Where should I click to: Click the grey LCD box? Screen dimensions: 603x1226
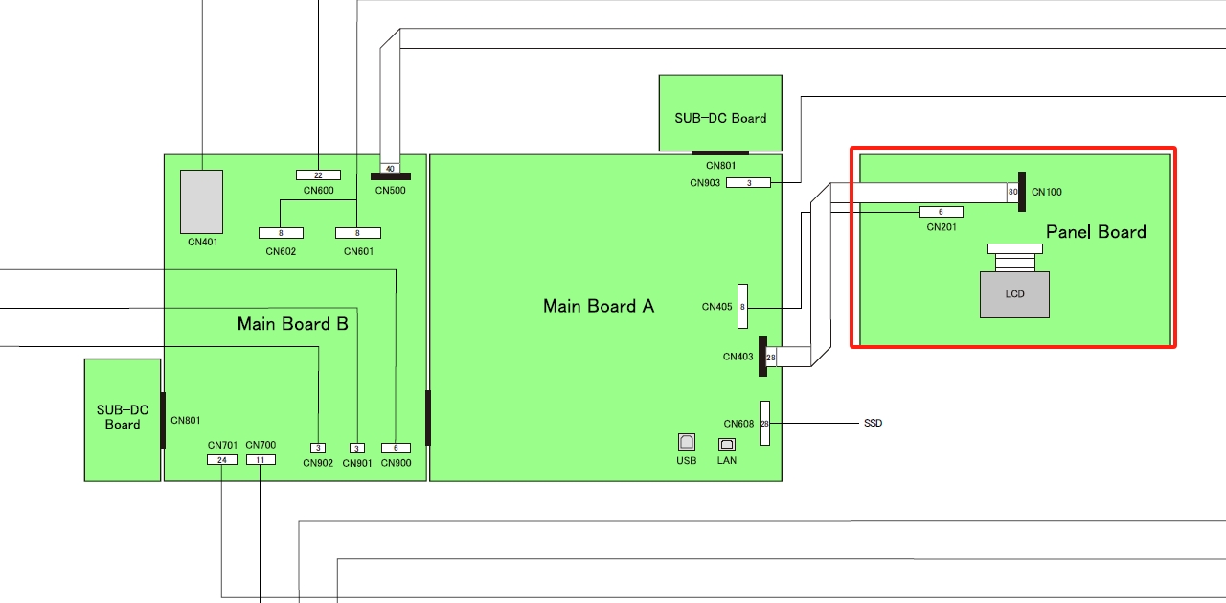coord(1014,294)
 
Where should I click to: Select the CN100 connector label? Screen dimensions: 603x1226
coord(1047,192)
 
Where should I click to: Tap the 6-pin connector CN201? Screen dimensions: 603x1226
coord(941,212)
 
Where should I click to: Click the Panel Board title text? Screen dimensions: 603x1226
coord(1096,231)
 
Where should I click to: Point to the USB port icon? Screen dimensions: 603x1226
coord(687,442)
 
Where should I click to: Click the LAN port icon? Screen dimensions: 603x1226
coord(727,444)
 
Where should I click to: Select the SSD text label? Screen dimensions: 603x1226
coord(873,423)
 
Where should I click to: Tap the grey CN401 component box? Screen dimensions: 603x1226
coord(201,201)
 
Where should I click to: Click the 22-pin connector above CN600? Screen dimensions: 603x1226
coord(318,174)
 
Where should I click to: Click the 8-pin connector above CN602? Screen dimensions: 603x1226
coord(281,233)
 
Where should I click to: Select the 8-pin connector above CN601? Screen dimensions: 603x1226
coord(357,233)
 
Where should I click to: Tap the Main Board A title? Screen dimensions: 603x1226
coord(599,306)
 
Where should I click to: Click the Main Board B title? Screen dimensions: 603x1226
coord(292,324)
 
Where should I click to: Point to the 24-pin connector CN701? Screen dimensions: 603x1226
coord(221,460)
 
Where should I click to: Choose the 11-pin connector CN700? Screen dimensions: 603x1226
coord(261,460)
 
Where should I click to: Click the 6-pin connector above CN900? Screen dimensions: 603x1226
coord(396,448)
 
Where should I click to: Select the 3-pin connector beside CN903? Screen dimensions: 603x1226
coord(748,182)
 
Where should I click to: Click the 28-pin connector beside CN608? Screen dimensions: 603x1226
coord(764,423)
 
